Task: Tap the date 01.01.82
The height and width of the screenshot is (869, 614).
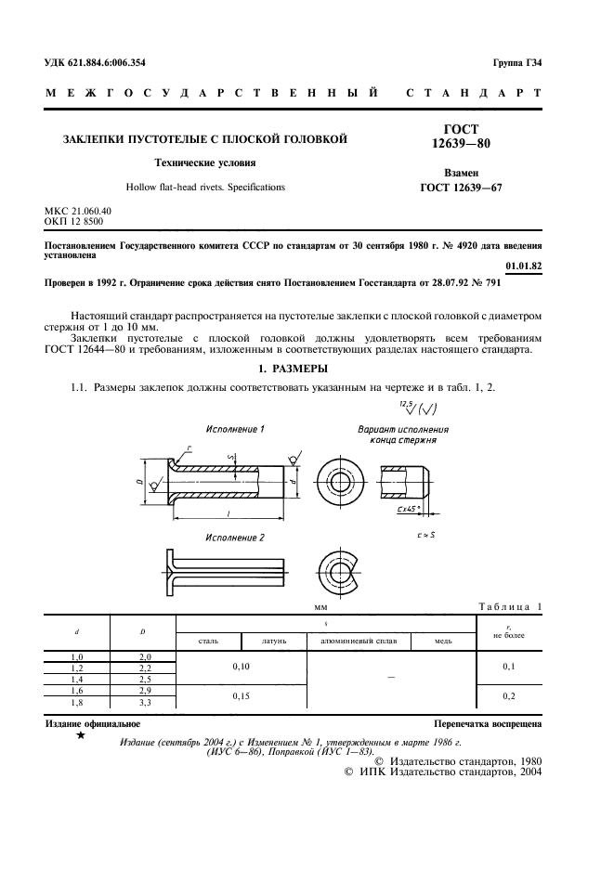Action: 524,265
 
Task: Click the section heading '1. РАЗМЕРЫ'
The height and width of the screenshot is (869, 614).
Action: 307,370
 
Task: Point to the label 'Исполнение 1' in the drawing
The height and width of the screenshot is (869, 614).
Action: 235,429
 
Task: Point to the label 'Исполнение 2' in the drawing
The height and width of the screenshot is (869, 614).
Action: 235,538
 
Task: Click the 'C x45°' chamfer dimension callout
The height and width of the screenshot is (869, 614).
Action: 405,510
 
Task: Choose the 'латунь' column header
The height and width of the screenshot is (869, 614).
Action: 273,642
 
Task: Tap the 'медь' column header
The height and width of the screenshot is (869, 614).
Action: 441,642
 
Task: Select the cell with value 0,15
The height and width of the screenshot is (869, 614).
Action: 241,694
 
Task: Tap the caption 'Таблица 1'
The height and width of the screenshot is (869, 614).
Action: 510,606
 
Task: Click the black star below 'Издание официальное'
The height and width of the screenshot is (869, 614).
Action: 81,734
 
